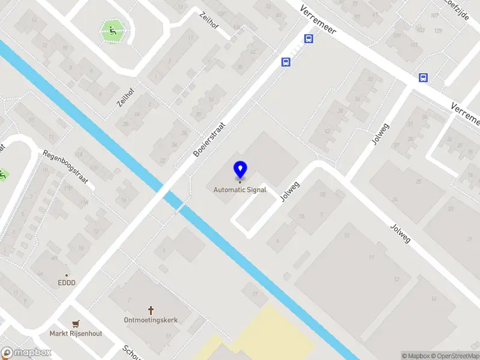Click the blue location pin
240,170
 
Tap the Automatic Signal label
240,190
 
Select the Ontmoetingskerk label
151,320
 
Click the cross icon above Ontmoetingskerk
151,310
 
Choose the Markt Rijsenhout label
76,334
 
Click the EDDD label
67,283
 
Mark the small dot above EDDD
67,275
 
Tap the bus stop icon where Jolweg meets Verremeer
424,77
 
